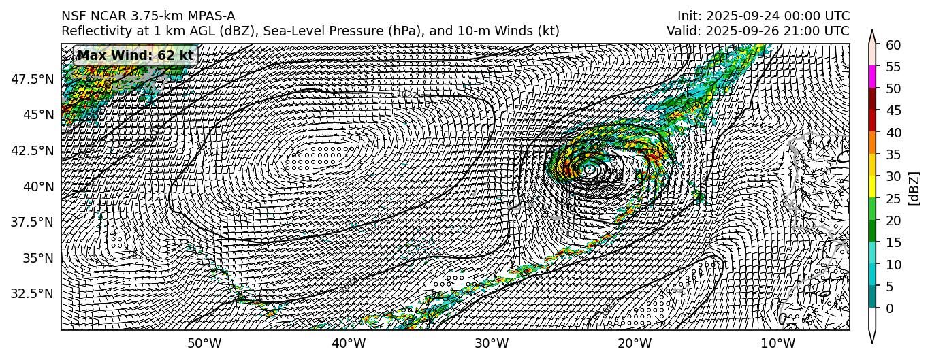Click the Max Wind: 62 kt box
point(135,55)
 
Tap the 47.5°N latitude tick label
point(33,79)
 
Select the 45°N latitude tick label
point(38,114)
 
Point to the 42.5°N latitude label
point(33,150)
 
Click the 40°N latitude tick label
point(38,186)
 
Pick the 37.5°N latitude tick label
point(33,222)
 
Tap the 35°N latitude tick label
point(38,258)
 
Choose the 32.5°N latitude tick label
point(33,293)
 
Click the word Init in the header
point(688,16)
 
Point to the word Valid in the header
point(682,31)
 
